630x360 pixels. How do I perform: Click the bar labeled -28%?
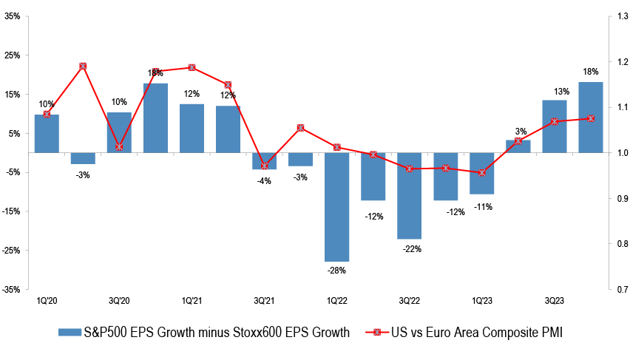337,207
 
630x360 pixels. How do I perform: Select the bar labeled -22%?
410,196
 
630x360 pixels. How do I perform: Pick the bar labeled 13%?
555,126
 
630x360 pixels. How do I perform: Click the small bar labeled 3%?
518,146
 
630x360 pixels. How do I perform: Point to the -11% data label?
483,206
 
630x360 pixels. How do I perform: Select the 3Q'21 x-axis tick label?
264,301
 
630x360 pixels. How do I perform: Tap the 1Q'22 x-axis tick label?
337,301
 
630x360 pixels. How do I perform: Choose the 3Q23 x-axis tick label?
555,301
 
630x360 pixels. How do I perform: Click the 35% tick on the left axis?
12,16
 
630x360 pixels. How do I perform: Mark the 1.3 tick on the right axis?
618,16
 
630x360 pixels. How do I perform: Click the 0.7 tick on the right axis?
618,289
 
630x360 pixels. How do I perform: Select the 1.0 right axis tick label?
618,153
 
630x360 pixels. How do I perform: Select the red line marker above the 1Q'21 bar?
192,67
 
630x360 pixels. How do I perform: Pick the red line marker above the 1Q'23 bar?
483,173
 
